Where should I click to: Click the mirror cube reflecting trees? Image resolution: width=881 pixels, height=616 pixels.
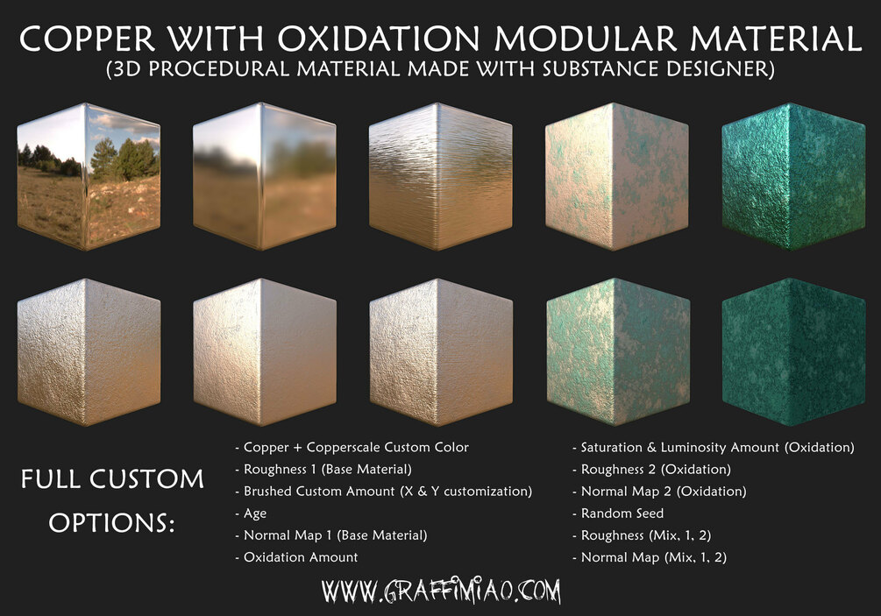point(88,175)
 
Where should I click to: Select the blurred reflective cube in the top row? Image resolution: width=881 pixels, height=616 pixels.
point(264,175)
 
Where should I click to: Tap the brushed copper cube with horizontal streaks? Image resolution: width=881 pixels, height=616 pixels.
point(440,175)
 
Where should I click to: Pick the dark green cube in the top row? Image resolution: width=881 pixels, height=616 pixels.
point(792,175)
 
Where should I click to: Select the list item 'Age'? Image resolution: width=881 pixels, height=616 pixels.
point(254,513)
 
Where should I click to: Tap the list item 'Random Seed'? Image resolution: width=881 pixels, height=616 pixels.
point(622,513)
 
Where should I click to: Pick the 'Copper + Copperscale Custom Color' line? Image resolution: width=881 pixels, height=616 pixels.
point(356,448)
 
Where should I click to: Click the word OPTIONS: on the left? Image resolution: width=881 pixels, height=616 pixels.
point(111,523)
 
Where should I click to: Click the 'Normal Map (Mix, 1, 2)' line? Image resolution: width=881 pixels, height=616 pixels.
point(654,557)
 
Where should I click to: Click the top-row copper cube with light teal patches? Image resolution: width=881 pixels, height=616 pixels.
point(616,175)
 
